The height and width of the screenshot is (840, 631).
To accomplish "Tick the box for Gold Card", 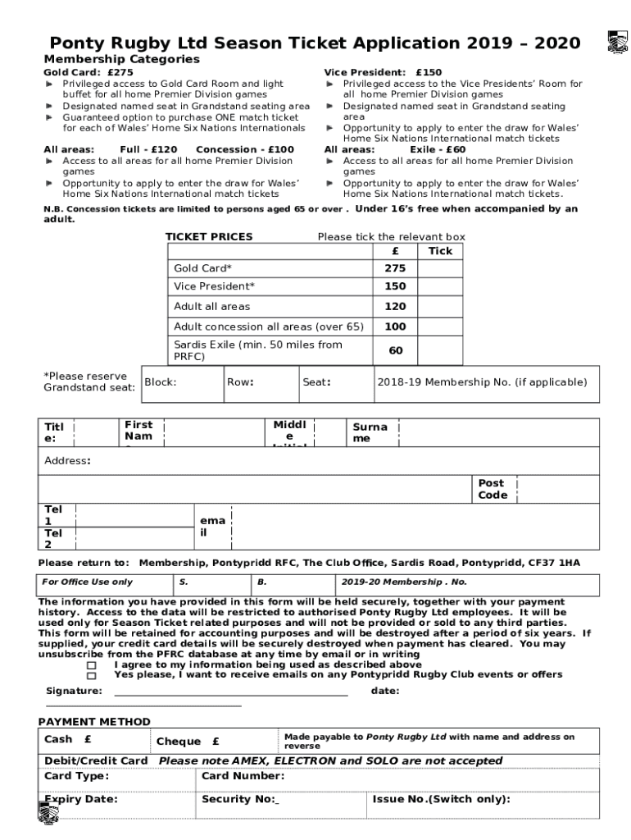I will (440, 268).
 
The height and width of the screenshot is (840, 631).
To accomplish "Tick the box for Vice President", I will (440, 286).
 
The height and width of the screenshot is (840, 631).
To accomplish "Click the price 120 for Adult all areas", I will (395, 306).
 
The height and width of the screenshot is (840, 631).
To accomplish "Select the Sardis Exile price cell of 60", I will (395, 350).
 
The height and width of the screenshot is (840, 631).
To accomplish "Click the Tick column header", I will (440, 251).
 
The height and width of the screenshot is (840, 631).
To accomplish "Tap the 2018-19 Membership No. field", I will (481, 382).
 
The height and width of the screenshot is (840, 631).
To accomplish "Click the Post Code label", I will (493, 489).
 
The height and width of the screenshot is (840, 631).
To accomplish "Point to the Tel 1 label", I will (53, 515).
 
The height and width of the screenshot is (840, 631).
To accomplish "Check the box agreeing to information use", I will (92, 665).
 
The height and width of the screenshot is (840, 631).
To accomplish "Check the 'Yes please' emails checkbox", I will (92, 676).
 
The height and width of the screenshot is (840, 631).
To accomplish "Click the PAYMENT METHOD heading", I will (94, 722).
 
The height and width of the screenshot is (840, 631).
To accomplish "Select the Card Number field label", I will (243, 776).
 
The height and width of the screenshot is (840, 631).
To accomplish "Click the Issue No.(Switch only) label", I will (441, 799).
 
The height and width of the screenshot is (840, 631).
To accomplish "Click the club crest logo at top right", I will (616, 43).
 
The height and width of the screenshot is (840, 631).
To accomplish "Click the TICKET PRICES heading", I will (209, 237).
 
